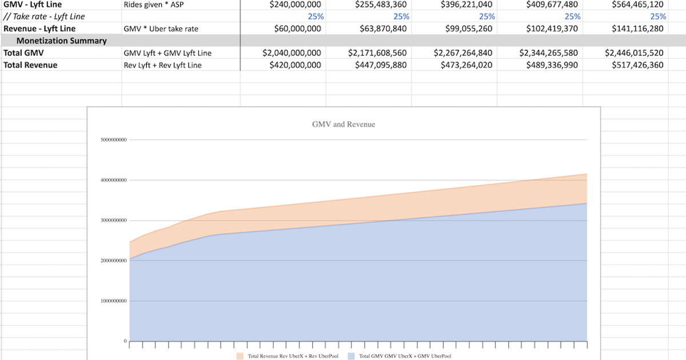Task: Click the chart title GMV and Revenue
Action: pos(344,124)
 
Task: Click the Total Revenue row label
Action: pos(30,65)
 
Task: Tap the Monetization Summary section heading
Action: pos(61,41)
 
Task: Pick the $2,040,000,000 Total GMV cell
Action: pos(292,53)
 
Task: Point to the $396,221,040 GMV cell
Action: pos(466,5)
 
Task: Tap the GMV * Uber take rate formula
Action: pos(163,29)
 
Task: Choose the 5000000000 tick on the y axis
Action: pos(113,140)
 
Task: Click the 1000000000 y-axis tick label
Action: pos(113,301)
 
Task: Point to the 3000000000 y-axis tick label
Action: pos(113,221)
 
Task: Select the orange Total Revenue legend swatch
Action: pos(240,356)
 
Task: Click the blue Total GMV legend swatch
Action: pos(352,356)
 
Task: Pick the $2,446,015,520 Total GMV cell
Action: pos(634,53)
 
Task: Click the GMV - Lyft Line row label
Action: pos(33,5)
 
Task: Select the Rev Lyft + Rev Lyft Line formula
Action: pos(162,65)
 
